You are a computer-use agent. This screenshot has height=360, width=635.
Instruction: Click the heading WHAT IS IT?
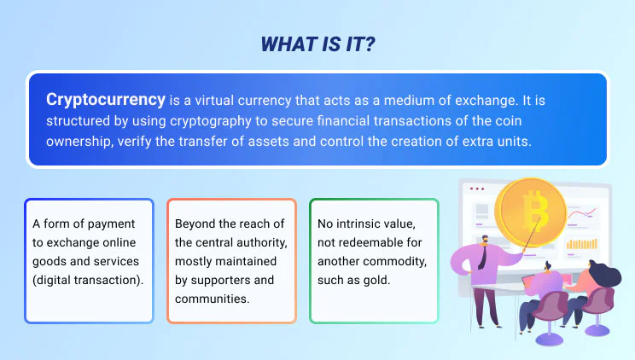317,44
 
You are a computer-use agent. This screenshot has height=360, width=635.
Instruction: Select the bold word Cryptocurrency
106,100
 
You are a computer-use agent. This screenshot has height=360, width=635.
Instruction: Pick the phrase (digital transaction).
88,280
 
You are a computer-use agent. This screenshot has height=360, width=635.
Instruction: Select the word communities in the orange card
213,299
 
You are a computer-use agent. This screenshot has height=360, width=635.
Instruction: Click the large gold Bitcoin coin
531,212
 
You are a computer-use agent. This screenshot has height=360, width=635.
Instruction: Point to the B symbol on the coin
534,211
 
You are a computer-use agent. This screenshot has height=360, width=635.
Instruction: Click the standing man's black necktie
482,257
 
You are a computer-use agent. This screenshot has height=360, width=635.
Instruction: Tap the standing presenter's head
484,241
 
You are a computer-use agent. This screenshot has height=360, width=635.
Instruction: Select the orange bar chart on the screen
582,244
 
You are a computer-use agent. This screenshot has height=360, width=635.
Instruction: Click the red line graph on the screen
581,213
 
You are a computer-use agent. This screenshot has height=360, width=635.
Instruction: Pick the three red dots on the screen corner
477,189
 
